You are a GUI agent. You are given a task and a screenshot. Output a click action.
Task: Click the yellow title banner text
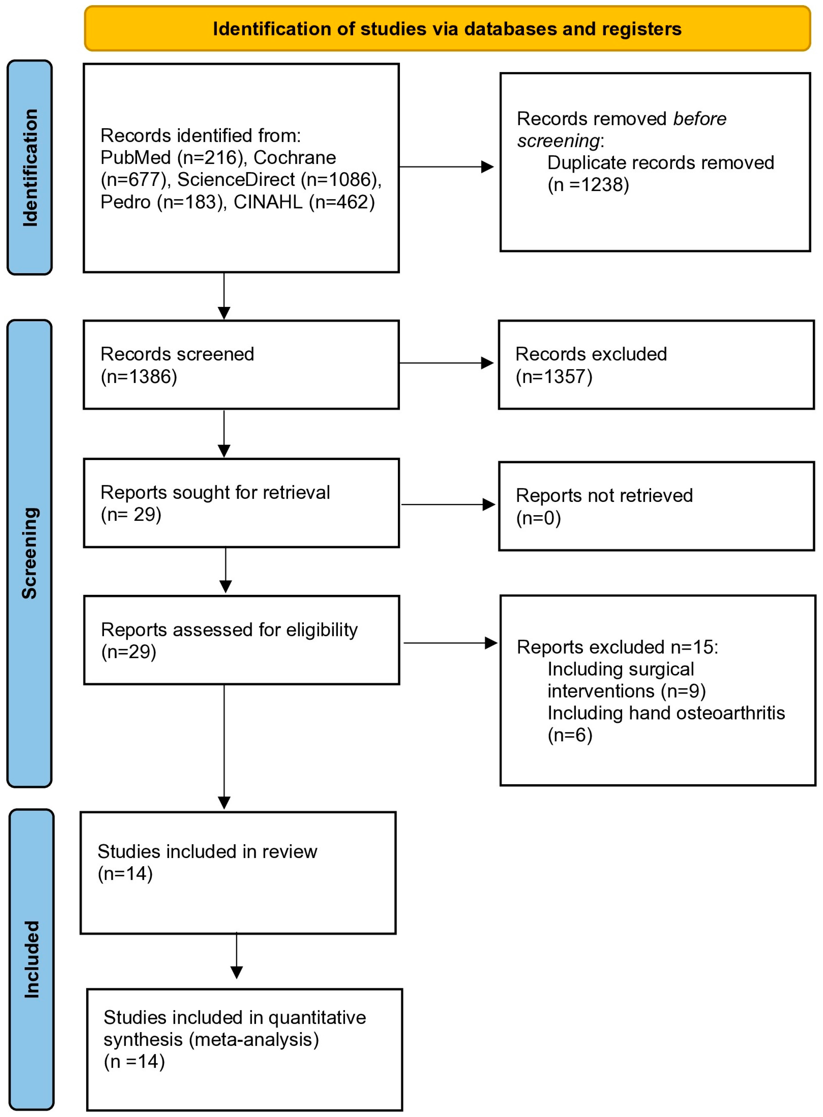click(447, 29)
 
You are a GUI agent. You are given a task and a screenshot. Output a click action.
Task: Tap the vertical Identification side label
click(30, 168)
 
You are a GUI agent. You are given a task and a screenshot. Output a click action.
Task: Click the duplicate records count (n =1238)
click(588, 185)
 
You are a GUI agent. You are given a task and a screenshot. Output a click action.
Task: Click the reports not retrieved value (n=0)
click(539, 518)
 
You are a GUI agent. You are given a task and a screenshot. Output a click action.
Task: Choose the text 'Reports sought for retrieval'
click(215, 493)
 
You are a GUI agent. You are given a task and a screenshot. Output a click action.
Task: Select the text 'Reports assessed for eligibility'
click(229, 630)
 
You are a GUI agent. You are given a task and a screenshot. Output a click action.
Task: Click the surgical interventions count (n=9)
click(683, 691)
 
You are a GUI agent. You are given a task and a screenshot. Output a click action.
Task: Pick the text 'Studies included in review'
click(207, 851)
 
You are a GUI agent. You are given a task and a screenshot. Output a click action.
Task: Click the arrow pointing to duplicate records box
click(446, 167)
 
